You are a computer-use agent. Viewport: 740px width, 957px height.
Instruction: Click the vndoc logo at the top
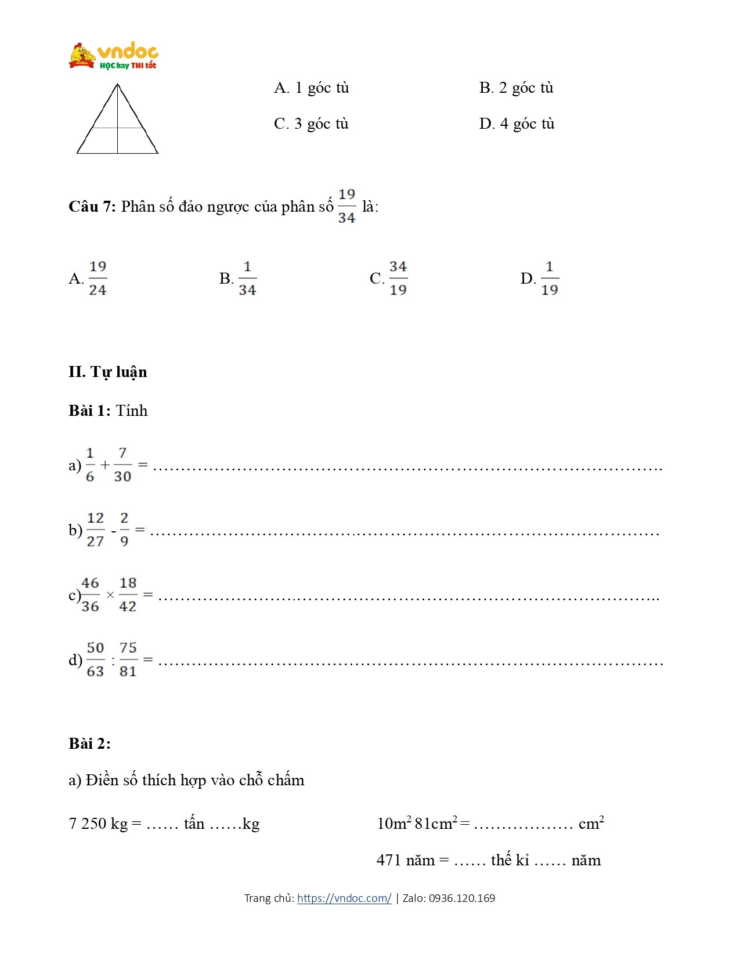tap(114, 56)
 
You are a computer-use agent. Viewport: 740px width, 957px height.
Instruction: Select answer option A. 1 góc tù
tap(312, 88)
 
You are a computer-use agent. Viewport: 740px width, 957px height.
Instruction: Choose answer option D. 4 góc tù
tap(517, 124)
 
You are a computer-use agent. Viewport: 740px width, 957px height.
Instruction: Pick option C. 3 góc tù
tap(311, 124)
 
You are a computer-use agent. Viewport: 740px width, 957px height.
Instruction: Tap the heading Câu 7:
tap(92, 207)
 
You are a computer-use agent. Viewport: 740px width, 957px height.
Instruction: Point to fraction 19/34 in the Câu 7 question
tap(346, 206)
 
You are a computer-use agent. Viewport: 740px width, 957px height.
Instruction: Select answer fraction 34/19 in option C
tap(398, 278)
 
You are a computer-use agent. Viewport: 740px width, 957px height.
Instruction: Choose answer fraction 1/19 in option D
tap(549, 278)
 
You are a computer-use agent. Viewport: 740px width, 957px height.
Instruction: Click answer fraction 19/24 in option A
tap(98, 278)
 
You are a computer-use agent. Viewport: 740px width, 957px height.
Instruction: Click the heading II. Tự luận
tap(108, 372)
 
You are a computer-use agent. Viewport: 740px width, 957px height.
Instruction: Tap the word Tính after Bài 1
tap(132, 411)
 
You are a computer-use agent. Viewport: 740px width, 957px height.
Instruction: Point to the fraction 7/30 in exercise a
tap(122, 465)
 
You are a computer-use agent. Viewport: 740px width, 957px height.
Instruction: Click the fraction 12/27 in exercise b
tap(95, 530)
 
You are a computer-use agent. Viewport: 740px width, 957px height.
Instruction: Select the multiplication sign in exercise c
tap(110, 595)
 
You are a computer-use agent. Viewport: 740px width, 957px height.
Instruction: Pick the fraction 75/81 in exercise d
tap(128, 659)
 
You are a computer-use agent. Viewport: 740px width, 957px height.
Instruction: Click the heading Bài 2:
tap(89, 744)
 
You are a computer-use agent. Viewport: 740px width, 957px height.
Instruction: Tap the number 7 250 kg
tap(98, 824)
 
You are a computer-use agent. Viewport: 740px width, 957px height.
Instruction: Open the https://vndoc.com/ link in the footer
tap(344, 898)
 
